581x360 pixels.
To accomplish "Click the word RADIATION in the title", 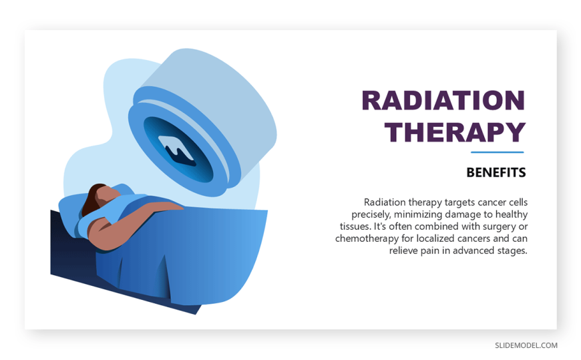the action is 443,100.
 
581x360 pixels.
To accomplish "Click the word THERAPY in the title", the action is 455,132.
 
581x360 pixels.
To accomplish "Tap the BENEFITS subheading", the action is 496,172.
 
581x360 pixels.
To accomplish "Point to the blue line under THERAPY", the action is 498,152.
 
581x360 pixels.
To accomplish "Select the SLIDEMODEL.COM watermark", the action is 526,345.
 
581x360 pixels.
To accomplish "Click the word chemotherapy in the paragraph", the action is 367,238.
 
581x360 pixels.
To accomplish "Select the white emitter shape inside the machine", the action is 176,148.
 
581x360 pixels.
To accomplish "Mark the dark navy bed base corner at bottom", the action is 196,314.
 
